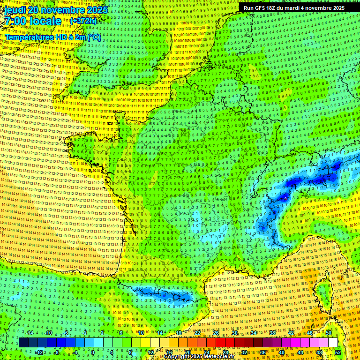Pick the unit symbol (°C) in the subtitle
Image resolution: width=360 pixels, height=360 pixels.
coord(94,37)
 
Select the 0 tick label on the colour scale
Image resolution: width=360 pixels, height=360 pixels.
coord(93,352)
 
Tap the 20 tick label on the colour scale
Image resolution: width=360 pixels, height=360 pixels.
coord(188,352)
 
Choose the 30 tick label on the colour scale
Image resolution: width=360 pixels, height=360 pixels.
coord(235,333)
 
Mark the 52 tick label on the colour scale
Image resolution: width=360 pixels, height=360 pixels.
coord(338,352)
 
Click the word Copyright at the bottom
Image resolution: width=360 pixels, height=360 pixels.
coord(177,357)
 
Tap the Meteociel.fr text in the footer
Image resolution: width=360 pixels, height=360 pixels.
coord(225,357)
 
